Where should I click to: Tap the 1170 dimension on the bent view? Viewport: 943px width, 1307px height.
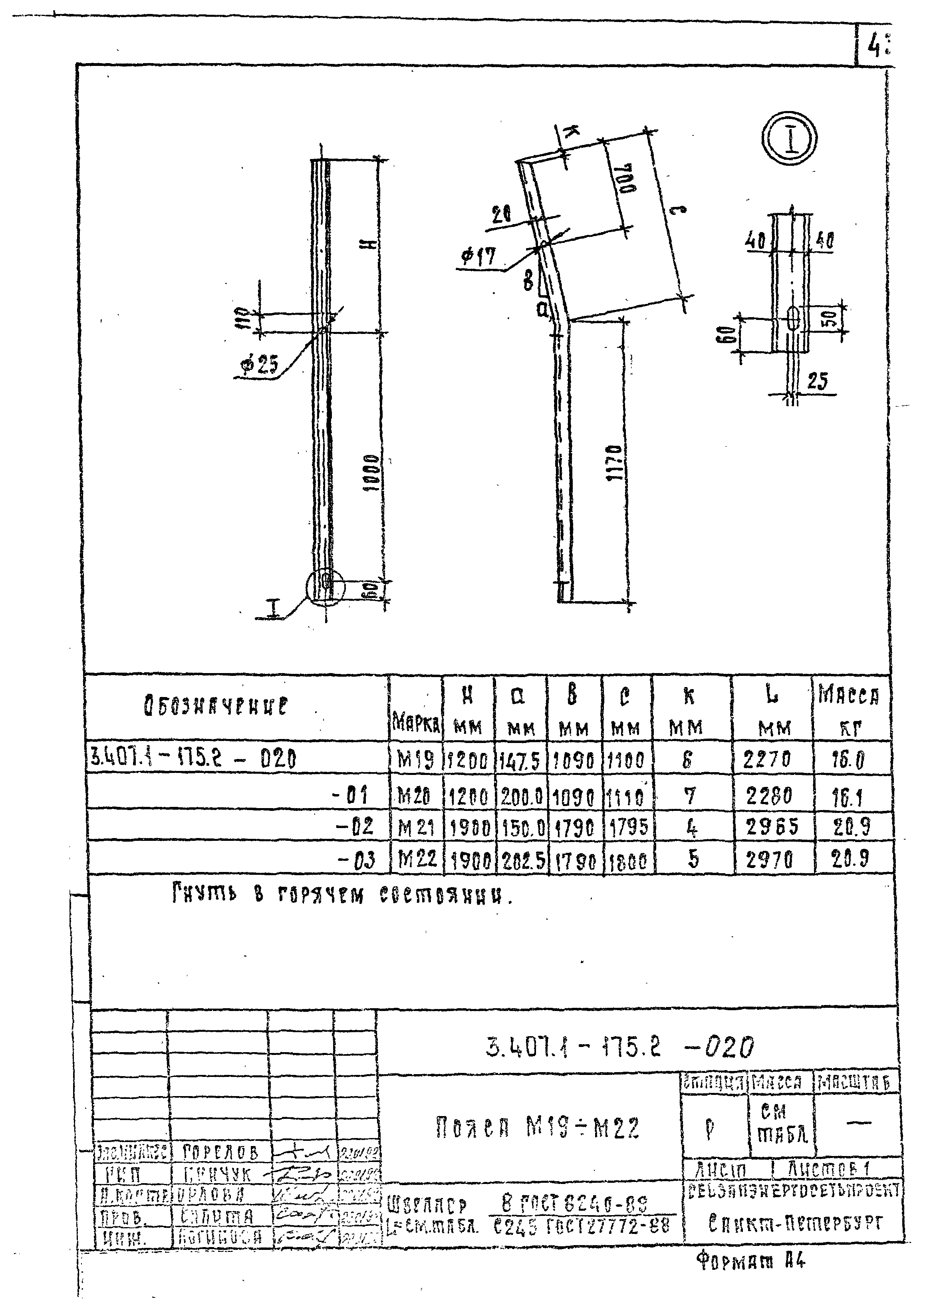(x=615, y=465)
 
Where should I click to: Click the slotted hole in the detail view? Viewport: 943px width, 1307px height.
(x=793, y=319)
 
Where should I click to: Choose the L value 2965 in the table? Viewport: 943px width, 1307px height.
(x=772, y=828)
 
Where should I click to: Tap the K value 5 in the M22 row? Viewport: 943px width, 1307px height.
(x=693, y=859)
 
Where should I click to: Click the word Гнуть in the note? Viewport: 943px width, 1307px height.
(x=204, y=894)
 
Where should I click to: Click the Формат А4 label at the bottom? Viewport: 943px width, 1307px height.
(x=750, y=1261)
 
